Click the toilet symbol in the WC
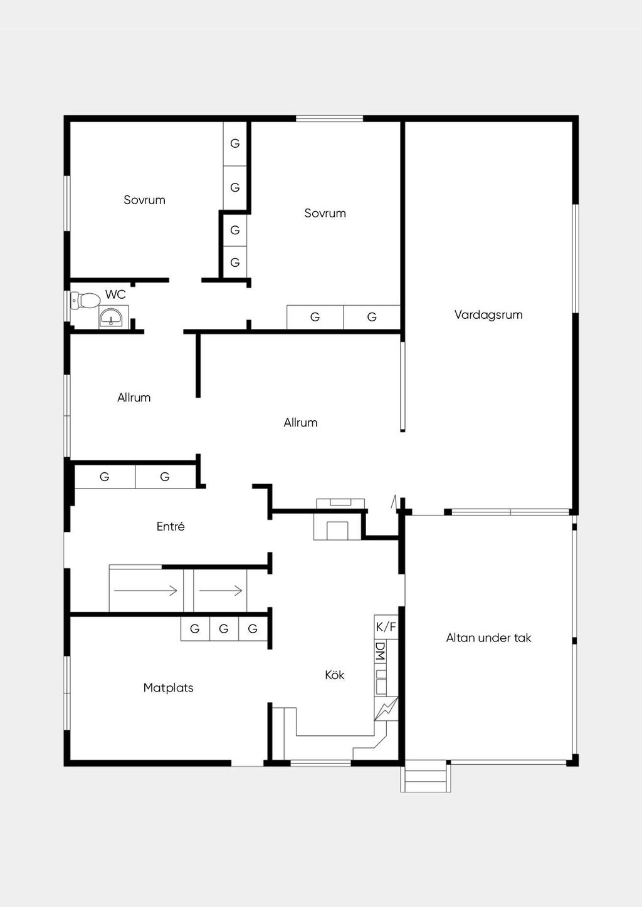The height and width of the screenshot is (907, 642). pyautogui.click(x=85, y=301)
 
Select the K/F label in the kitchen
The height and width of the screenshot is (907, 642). pyautogui.click(x=386, y=627)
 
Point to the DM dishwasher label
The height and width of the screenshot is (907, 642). pyautogui.click(x=380, y=651)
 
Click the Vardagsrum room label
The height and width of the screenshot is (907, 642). pyautogui.click(x=488, y=314)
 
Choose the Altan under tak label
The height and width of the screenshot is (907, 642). pyautogui.click(x=488, y=638)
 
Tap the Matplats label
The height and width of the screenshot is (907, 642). pyautogui.click(x=168, y=688)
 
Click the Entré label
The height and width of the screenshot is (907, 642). pyautogui.click(x=171, y=526)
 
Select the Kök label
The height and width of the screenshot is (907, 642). pyautogui.click(x=335, y=675)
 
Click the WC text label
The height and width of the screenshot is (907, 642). pyautogui.click(x=115, y=294)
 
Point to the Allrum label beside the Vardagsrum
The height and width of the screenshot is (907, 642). pyautogui.click(x=300, y=422)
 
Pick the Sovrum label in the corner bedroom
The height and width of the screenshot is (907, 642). pyautogui.click(x=144, y=200)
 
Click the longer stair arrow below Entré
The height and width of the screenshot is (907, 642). pyautogui.click(x=145, y=591)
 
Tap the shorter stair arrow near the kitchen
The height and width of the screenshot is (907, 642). pyautogui.click(x=221, y=591)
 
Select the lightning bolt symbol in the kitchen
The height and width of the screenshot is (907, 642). pyautogui.click(x=386, y=708)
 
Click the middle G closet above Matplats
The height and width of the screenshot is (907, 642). pyautogui.click(x=224, y=629)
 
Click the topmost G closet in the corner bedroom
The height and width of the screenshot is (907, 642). pyautogui.click(x=235, y=143)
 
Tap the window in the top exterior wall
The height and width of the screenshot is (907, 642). pyautogui.click(x=329, y=118)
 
